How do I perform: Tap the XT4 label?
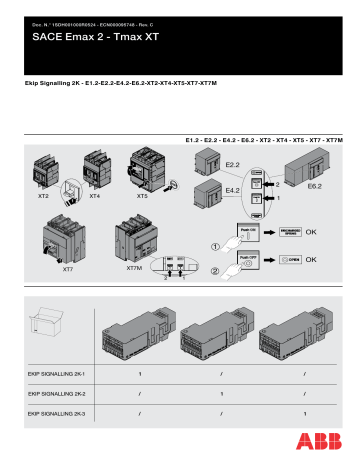95,198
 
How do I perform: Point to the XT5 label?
143,198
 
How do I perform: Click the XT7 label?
68,269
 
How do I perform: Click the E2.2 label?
232,161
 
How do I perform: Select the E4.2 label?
232,189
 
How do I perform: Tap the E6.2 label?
314,187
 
